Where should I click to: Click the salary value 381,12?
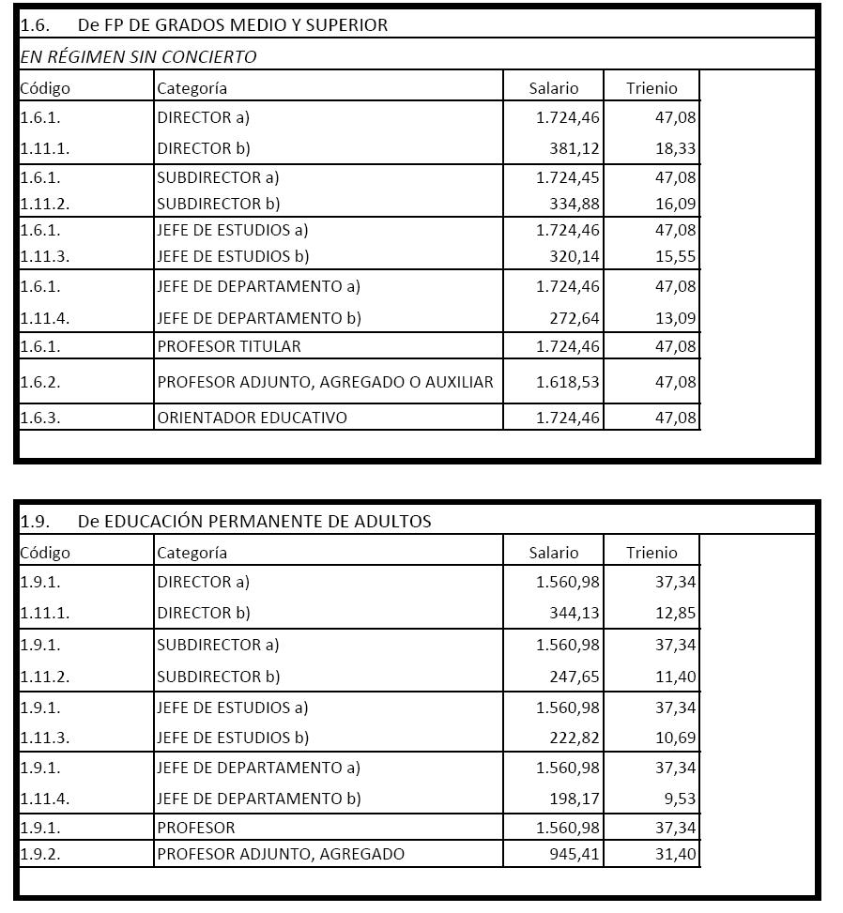[574, 148]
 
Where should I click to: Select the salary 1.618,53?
[567, 382]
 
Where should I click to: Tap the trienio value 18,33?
[676, 148]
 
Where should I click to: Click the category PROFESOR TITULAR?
[229, 346]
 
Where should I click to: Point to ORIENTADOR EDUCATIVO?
[252, 418]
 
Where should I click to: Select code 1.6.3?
[40, 418]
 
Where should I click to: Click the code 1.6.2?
[40, 382]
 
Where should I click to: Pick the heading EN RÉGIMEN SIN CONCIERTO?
[138, 56]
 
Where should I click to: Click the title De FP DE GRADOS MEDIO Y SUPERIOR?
[232, 24]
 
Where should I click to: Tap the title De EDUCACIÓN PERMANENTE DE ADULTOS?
[253, 521]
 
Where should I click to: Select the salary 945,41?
[574, 854]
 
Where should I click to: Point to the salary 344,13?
[574, 613]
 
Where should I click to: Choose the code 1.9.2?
[40, 854]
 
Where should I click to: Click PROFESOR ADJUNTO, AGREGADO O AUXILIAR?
[325, 382]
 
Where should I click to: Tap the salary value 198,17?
[574, 799]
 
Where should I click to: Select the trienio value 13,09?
[676, 318]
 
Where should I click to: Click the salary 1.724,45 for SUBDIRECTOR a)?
[567, 177]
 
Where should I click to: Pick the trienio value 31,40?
[676, 854]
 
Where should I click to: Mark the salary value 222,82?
[574, 738]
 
